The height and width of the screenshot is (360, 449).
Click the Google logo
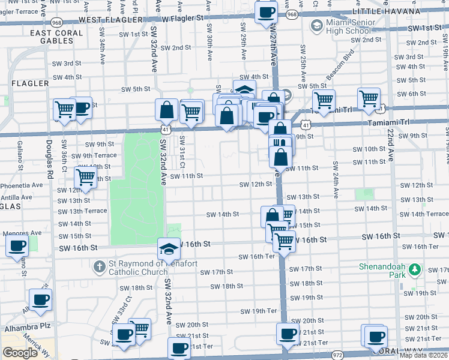(x=20, y=353)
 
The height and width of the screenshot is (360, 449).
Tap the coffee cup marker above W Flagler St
(x=265, y=12)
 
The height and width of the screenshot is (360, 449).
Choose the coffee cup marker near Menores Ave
(x=17, y=245)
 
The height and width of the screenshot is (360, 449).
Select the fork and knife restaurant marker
(x=280, y=144)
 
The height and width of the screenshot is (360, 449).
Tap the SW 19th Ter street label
(x=258, y=311)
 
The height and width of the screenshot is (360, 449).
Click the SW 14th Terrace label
(x=423, y=214)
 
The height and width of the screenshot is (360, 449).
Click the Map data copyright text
(x=423, y=355)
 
